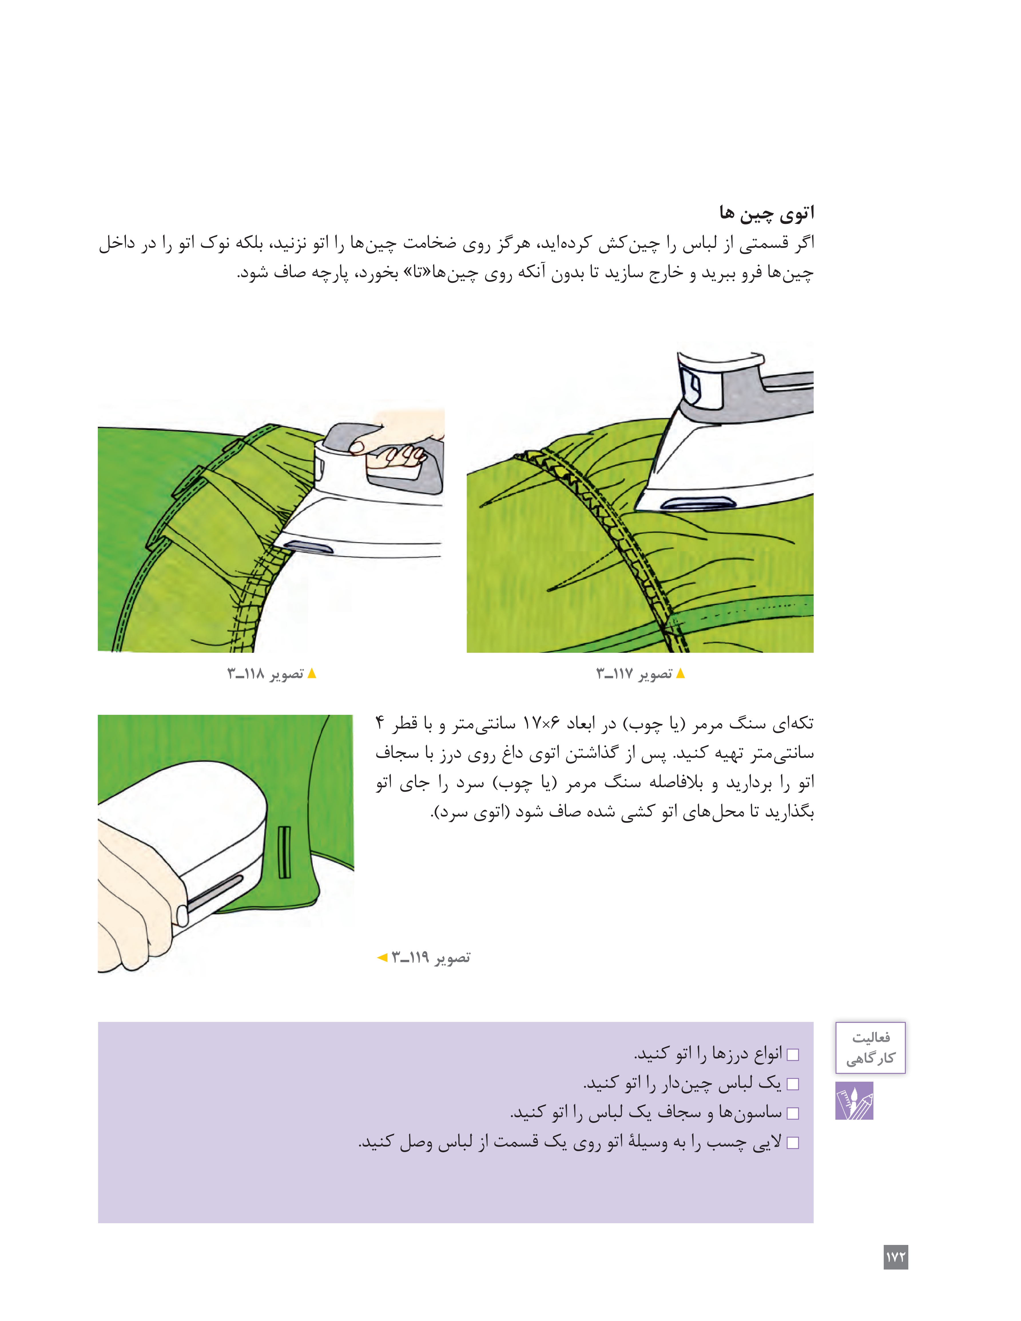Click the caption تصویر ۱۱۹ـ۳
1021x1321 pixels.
click(x=431, y=957)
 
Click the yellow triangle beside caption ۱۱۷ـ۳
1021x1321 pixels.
click(x=680, y=673)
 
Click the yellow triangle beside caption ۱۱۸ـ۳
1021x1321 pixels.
click(x=312, y=673)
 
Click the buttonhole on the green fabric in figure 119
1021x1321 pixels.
click(x=284, y=852)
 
